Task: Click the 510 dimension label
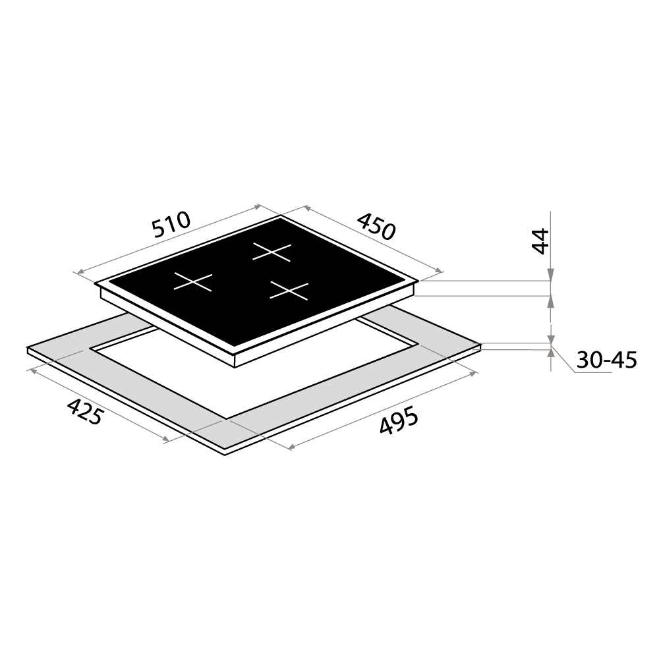click(172, 225)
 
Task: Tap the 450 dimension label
click(376, 227)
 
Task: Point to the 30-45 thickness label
click(606, 360)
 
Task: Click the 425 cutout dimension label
click(85, 412)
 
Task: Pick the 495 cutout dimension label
click(399, 420)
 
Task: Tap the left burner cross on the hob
click(193, 281)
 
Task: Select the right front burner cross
click(289, 291)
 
